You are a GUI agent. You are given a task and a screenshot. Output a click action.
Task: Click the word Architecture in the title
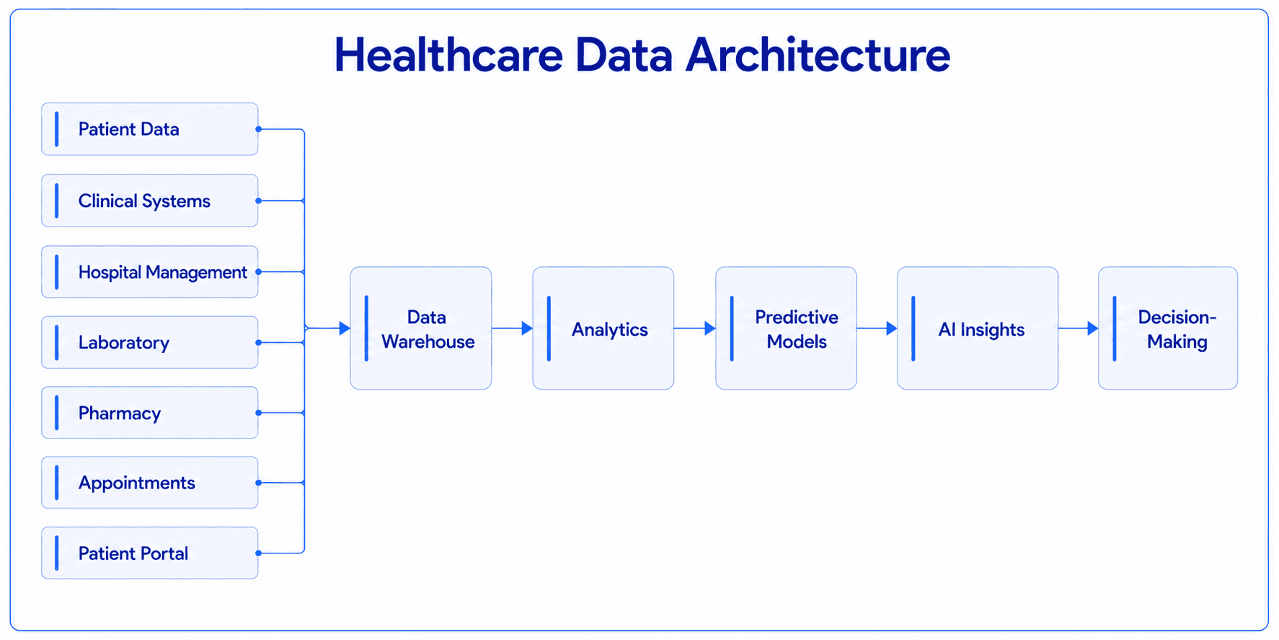point(818,55)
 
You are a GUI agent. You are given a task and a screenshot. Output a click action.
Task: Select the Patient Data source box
point(150,129)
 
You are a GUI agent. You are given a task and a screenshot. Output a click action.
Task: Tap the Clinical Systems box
point(150,201)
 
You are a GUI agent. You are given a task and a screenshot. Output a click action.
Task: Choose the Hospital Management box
point(150,272)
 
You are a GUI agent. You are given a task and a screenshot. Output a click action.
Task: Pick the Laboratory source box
point(150,343)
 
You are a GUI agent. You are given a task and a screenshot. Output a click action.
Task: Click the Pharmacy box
point(150,413)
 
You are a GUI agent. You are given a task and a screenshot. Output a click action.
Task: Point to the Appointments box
point(150,483)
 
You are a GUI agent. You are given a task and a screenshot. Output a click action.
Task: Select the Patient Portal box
point(150,553)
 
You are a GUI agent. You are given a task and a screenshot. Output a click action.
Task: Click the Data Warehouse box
point(421,328)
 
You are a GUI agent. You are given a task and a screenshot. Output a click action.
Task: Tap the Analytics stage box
point(603,328)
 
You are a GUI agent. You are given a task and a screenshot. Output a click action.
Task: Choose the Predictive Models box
point(786,328)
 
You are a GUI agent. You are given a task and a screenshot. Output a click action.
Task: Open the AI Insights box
point(978,328)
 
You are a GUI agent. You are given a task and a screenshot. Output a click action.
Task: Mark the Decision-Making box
point(1168,328)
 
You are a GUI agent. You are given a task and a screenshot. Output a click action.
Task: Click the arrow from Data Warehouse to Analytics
point(512,328)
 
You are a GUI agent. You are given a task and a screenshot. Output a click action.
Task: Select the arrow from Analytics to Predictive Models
point(695,328)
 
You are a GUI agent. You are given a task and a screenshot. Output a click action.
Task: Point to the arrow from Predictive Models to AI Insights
point(877,328)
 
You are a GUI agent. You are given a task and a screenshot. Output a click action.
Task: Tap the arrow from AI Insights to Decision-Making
point(1079,328)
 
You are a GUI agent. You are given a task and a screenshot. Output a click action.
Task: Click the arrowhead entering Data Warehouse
point(345,328)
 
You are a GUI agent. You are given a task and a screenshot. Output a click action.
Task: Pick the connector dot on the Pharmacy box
point(258,413)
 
